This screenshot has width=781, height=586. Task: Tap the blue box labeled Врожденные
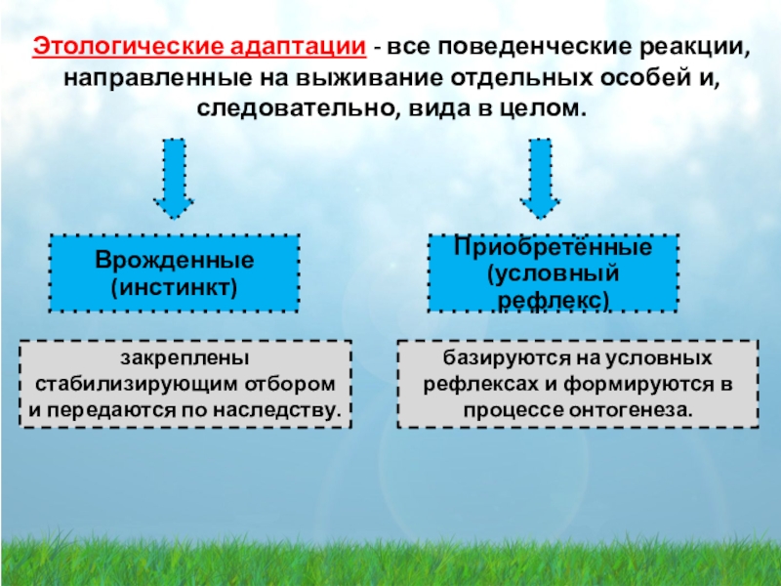pos(175,272)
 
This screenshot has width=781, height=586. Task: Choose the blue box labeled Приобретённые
pos(554,272)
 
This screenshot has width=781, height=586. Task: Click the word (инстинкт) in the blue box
pos(175,288)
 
